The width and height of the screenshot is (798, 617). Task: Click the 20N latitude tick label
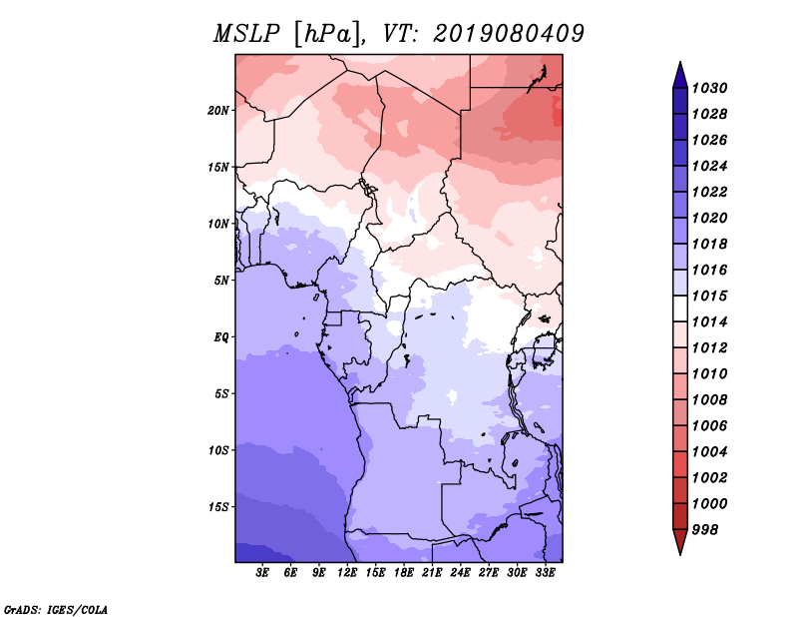tap(217, 111)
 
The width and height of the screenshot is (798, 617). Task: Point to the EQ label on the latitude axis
tap(220, 337)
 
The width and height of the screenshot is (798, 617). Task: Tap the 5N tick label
tap(221, 281)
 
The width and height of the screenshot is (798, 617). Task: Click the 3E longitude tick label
tap(262, 572)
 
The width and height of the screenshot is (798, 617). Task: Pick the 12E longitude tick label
tap(346, 572)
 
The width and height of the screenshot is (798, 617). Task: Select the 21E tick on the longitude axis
tap(432, 572)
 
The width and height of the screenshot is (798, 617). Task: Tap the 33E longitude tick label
tap(545, 572)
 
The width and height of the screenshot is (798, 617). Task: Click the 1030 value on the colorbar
tap(709, 88)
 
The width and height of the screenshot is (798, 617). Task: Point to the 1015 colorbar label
tap(709, 296)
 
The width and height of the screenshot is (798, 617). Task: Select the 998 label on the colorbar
tap(705, 530)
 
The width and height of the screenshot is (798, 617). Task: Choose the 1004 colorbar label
tap(709, 452)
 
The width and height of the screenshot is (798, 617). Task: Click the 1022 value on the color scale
tap(709, 192)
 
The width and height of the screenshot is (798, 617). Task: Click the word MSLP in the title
tap(246, 34)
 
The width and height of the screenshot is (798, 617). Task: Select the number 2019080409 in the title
tap(509, 34)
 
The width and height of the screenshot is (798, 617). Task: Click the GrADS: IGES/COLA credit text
tap(56, 609)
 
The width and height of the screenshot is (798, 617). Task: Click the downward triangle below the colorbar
tap(680, 540)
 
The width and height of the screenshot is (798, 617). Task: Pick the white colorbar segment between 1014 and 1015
tap(680, 308)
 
